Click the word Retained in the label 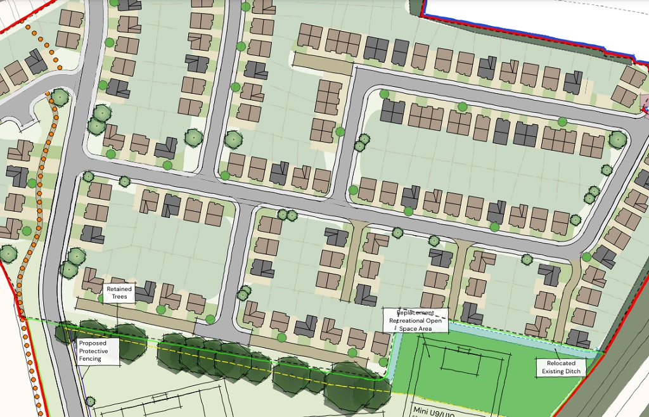coord(119,290)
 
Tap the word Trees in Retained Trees coord(120,297)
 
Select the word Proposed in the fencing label coord(93,343)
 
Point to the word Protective coord(93,351)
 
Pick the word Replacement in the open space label coord(415,313)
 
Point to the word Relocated coord(561,364)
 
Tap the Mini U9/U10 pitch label coord(434,411)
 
